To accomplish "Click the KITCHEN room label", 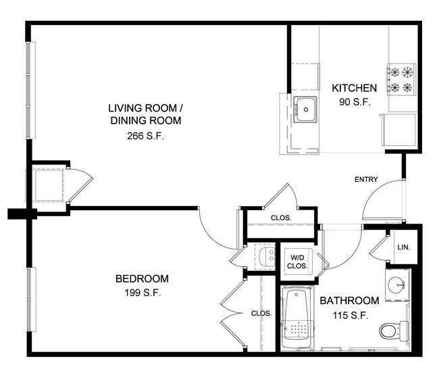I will coord(353,88).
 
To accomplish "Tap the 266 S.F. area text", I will coord(146,135).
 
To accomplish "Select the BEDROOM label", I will coord(142,278).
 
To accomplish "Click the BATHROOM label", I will coord(349,301).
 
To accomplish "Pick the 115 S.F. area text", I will coord(349,315).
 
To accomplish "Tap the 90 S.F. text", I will coord(353,102).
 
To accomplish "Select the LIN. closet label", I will coord(404,247).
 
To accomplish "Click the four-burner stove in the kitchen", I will coord(400,78).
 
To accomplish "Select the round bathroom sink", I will coord(397,285).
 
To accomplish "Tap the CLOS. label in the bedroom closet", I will coord(261,314).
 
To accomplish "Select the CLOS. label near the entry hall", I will coord(280,218).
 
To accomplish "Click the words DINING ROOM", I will coord(146,121).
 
